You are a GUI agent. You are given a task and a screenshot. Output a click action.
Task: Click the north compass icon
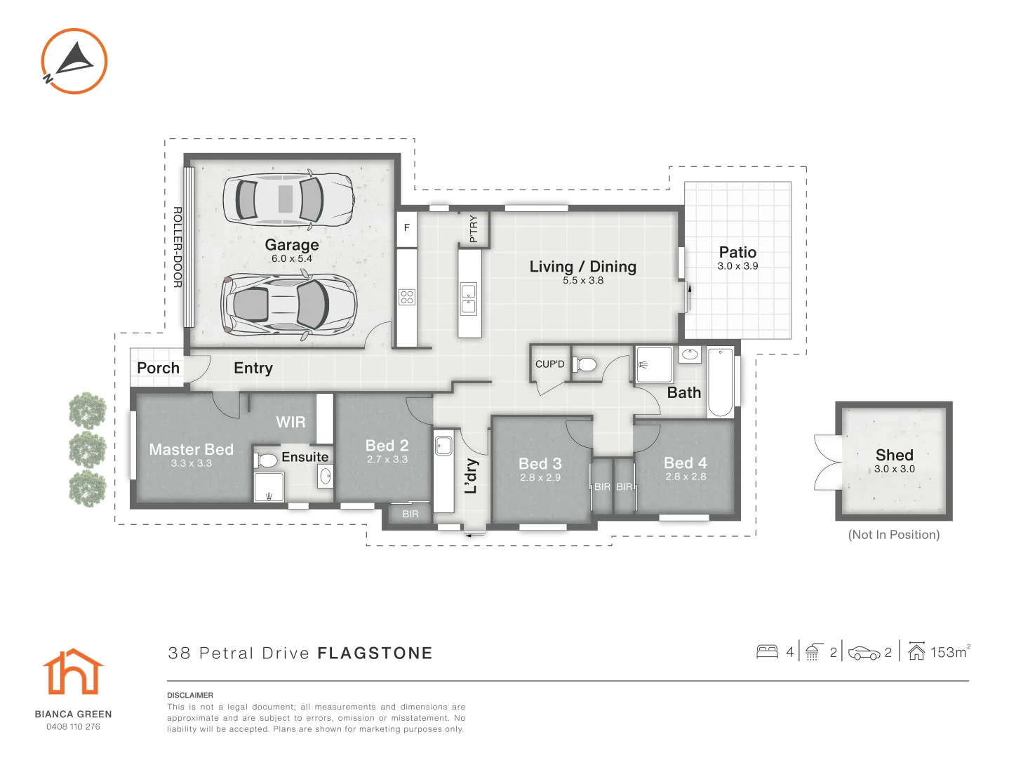pyautogui.click(x=74, y=61)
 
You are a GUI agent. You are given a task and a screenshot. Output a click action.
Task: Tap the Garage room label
pyautogui.click(x=292, y=245)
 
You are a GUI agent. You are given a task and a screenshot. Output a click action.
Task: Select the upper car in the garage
pyautogui.click(x=288, y=199)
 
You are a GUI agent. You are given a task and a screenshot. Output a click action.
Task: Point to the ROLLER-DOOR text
pyautogui.click(x=178, y=247)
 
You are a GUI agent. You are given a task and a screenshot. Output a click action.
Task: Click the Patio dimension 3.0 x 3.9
pyautogui.click(x=737, y=266)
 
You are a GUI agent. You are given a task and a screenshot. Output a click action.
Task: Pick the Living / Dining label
pyautogui.click(x=582, y=267)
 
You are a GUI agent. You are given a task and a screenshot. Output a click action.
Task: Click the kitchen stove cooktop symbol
pyautogui.click(x=407, y=297)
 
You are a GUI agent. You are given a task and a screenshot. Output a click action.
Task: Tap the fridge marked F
pyautogui.click(x=406, y=227)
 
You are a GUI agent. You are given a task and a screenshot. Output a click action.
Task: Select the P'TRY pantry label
pyautogui.click(x=474, y=229)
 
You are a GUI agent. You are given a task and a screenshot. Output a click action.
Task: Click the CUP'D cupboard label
pyautogui.click(x=549, y=364)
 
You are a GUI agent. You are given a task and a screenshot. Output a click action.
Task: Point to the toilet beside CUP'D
pyautogui.click(x=585, y=364)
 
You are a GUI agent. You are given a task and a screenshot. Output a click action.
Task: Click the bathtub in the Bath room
pyautogui.click(x=721, y=382)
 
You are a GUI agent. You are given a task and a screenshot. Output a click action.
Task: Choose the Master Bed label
pyautogui.click(x=191, y=449)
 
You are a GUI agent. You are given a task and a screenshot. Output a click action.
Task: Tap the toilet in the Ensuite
pyautogui.click(x=267, y=460)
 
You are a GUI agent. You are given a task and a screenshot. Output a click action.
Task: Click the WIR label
pyautogui.click(x=290, y=422)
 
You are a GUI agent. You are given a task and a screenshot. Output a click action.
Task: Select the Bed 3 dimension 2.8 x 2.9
pyautogui.click(x=540, y=477)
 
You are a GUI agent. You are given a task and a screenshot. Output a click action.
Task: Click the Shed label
pyautogui.click(x=894, y=455)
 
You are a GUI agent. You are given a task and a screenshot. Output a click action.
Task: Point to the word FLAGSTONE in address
pyautogui.click(x=375, y=653)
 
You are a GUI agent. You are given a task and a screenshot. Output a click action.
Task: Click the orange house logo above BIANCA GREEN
pyautogui.click(x=73, y=672)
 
